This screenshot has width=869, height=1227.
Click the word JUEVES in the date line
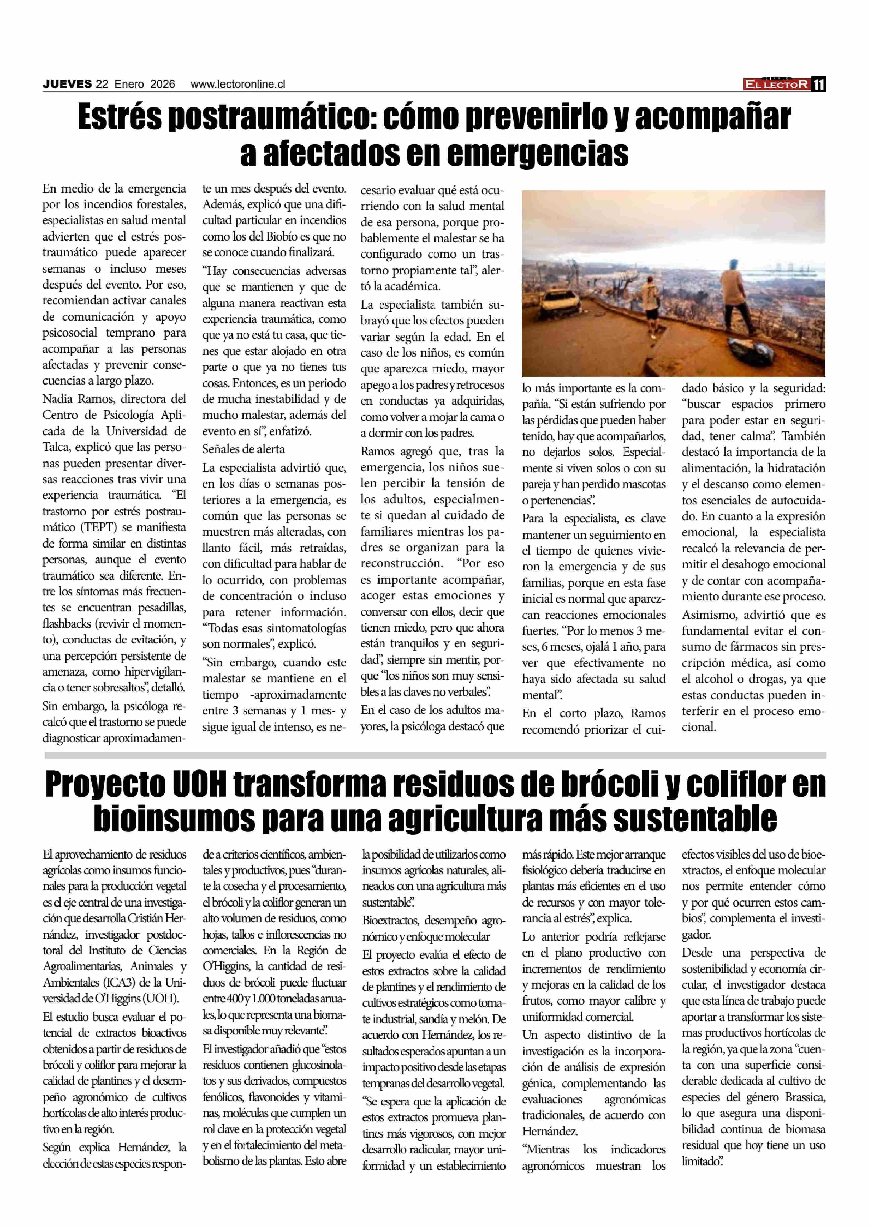67,84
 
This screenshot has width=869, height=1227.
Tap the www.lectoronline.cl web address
238,84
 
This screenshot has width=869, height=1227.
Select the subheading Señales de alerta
244,449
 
